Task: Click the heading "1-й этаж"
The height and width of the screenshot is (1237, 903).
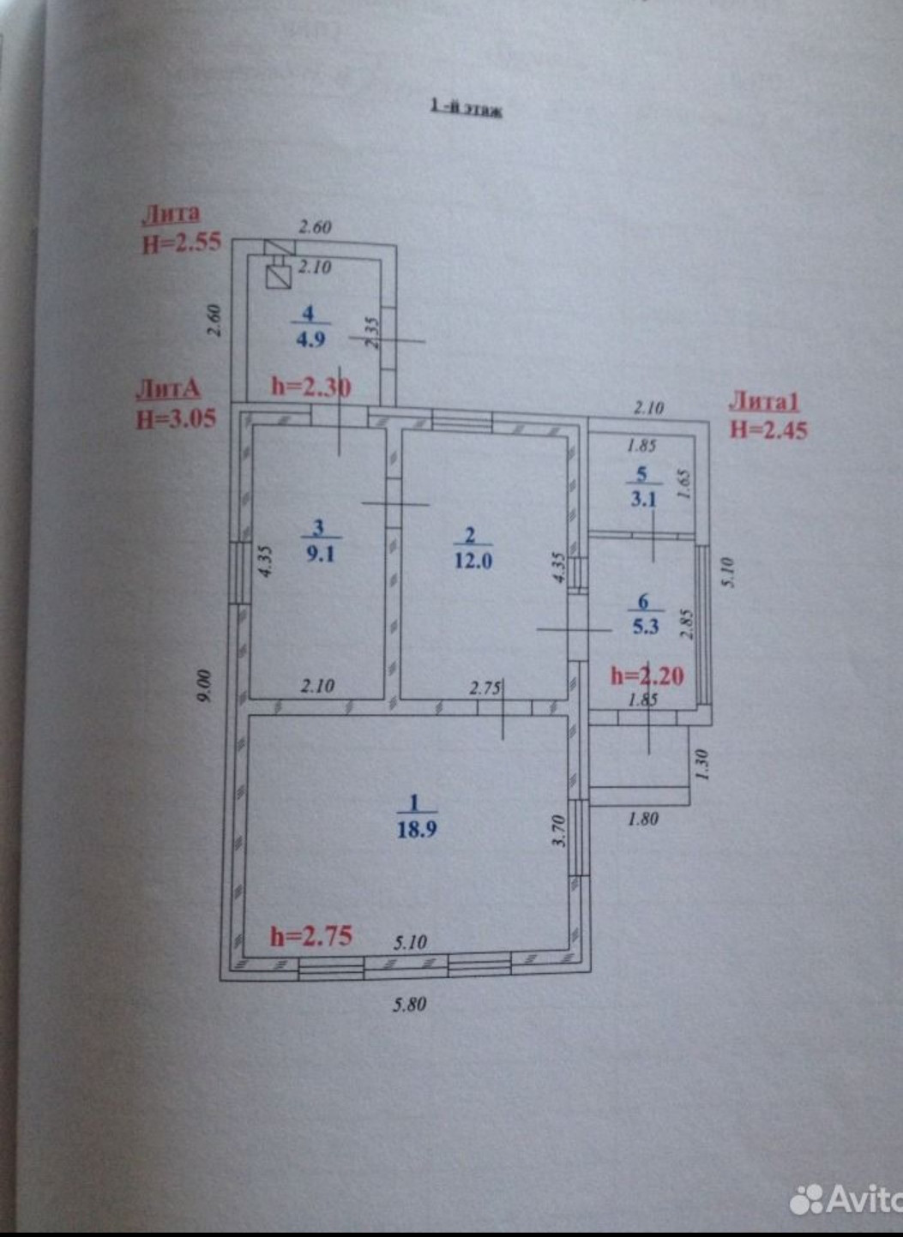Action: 466,109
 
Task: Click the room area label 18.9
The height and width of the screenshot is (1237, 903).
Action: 418,829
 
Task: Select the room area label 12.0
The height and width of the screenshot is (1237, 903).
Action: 473,561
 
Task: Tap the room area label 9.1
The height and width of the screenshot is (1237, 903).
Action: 320,553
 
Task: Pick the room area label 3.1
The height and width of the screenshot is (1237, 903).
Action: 643,498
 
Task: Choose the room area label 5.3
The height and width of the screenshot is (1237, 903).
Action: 645,627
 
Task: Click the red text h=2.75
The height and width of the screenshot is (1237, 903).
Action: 310,935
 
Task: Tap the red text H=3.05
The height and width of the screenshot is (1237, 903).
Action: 176,418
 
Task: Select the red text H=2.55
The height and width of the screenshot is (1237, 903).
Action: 181,243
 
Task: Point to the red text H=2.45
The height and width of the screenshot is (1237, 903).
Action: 768,429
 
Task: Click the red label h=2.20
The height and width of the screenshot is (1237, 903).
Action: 647,676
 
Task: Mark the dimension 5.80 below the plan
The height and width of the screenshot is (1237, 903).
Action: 409,1005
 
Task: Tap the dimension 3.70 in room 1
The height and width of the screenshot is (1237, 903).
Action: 558,831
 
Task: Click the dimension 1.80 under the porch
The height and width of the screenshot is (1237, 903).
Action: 643,819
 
